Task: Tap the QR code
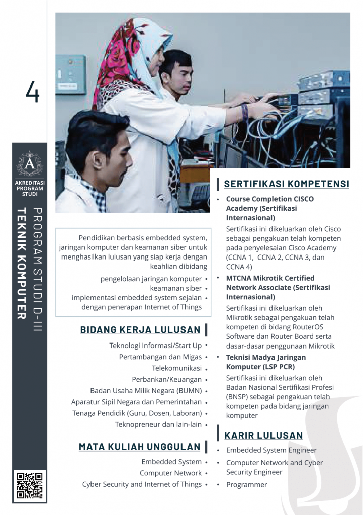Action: click(30, 486)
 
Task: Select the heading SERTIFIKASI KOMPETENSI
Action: click(286, 184)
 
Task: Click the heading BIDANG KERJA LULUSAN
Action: click(140, 330)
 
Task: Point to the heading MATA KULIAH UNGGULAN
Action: click(139, 447)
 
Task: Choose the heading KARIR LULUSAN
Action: click(263, 435)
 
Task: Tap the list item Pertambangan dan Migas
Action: click(160, 357)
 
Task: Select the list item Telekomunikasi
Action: click(176, 368)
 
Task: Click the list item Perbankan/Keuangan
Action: click(166, 379)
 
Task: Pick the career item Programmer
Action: click(246, 485)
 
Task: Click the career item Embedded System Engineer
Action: click(271, 450)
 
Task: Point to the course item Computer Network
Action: click(170, 473)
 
